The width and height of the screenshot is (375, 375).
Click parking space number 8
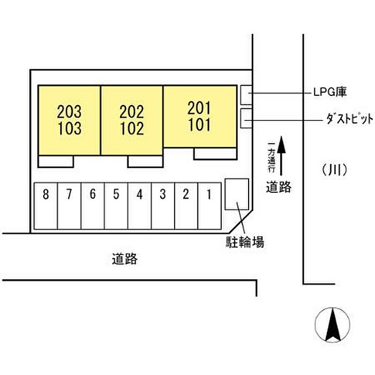(x=46, y=195)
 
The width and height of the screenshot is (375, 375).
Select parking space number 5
(x=116, y=195)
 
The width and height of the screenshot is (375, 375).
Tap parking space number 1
(x=209, y=195)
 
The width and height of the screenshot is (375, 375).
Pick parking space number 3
(x=162, y=195)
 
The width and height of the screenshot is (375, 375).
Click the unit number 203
(x=69, y=112)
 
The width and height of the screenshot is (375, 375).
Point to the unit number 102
(x=132, y=129)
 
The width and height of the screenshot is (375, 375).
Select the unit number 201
(x=199, y=108)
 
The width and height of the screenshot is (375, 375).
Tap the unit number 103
(x=69, y=129)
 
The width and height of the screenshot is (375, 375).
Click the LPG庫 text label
(x=331, y=92)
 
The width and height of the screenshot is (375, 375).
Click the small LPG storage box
(x=246, y=95)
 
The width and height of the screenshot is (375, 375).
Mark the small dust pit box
(x=246, y=118)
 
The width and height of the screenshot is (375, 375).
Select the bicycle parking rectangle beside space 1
(x=236, y=194)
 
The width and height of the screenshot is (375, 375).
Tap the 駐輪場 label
(x=244, y=243)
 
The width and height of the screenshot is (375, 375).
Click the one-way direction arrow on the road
(x=282, y=151)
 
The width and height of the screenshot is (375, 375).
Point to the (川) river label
(x=336, y=170)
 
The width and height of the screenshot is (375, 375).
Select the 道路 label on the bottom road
(x=125, y=259)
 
